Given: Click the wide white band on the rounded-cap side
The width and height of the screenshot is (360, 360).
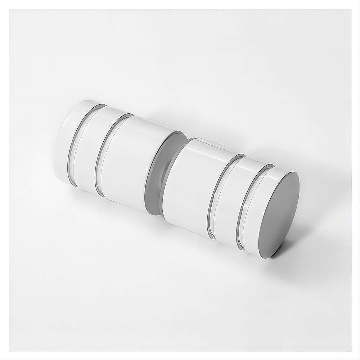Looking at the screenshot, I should (130, 162).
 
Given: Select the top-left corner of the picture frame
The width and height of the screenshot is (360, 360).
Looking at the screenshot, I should (10, 10).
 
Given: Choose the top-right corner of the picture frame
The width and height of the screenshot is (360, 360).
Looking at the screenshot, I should (350, 10).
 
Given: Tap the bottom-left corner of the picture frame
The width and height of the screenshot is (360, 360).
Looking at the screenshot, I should (10, 350).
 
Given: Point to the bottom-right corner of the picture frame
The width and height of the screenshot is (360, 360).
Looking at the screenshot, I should (350, 350).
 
